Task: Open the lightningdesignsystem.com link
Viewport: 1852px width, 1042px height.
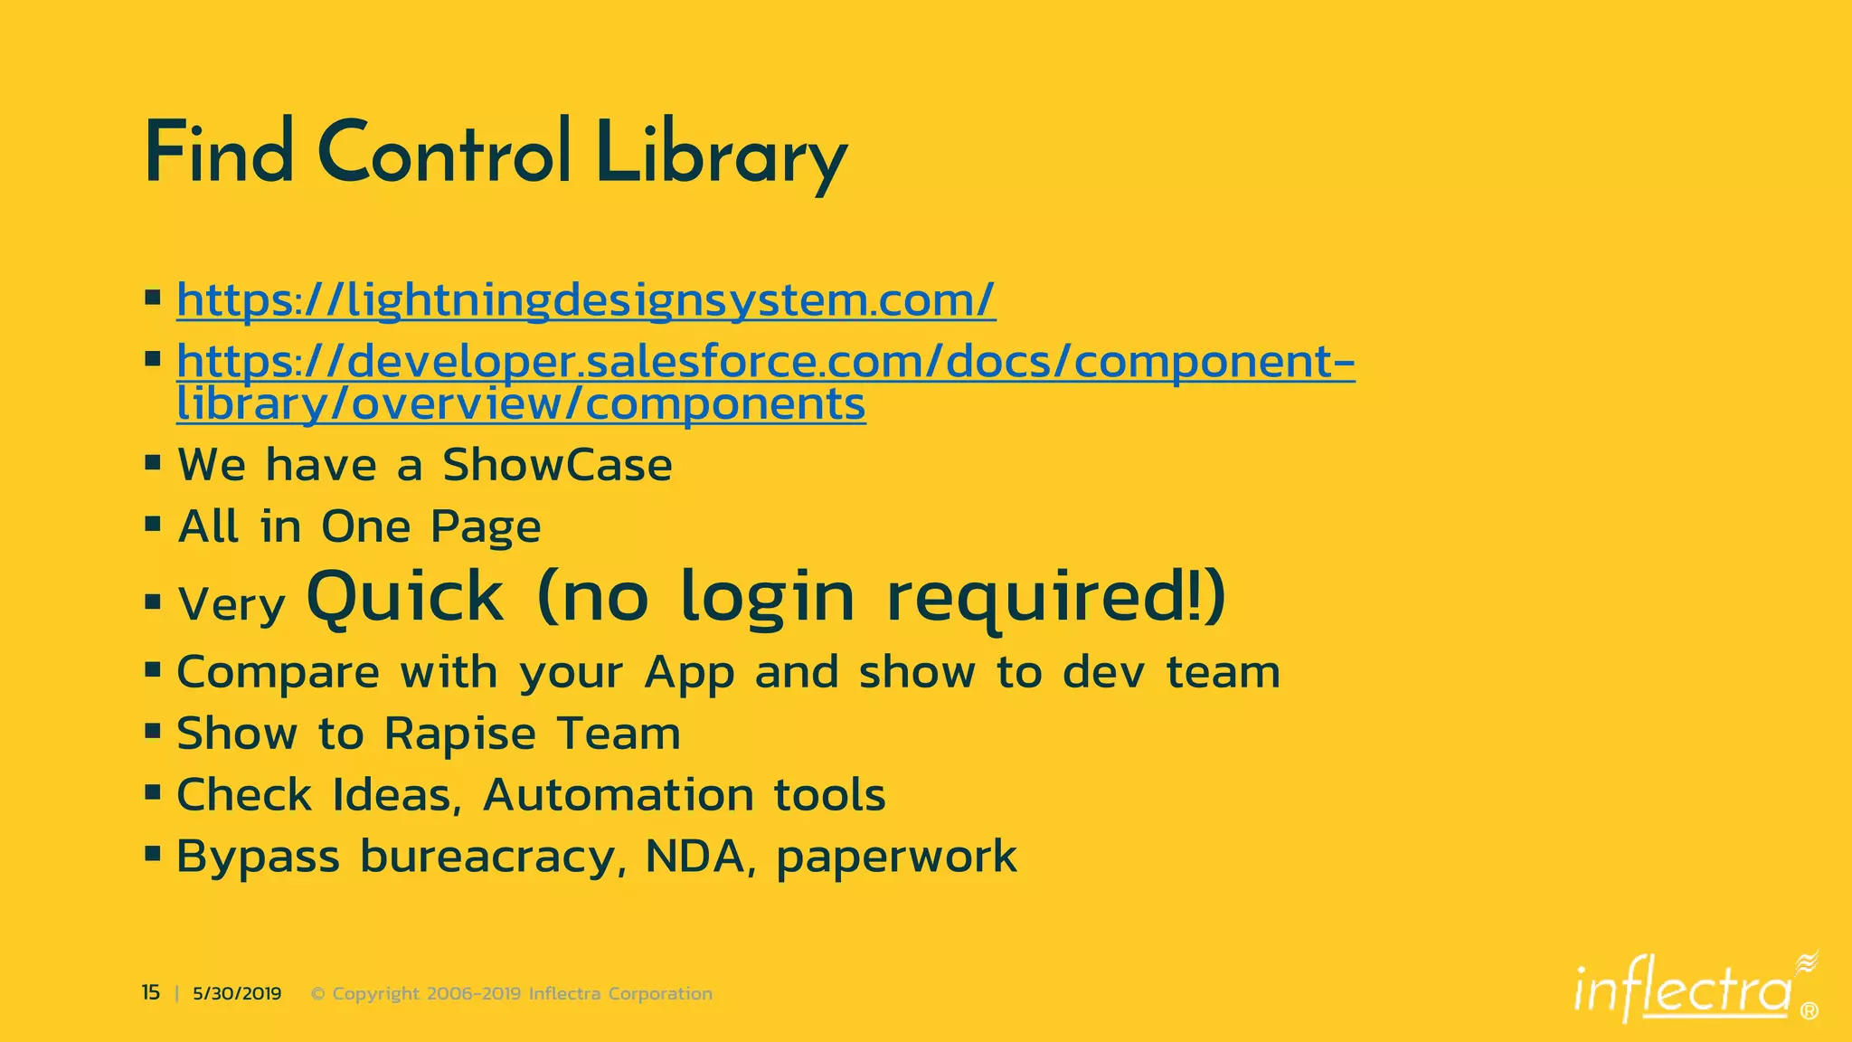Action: tap(586, 300)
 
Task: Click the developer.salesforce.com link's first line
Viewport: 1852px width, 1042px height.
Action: tap(765, 361)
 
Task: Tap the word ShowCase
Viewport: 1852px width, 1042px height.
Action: tap(557, 466)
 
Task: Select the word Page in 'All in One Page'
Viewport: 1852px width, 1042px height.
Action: tap(486, 527)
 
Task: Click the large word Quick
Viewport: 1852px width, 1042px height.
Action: tap(405, 597)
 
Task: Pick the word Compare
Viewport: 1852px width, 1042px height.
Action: tap(278, 673)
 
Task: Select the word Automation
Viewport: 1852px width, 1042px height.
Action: tap(619, 795)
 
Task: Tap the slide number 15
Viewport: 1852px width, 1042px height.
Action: tap(150, 993)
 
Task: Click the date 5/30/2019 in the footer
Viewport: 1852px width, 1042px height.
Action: tap(237, 994)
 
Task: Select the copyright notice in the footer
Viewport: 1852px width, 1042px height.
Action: tap(512, 994)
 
